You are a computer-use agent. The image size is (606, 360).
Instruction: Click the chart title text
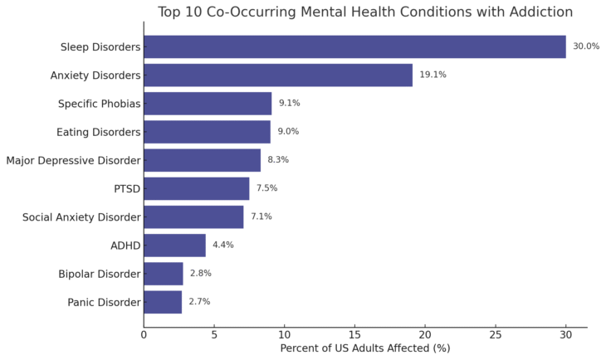point(364,12)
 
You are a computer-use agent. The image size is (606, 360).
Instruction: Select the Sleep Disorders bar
point(354,46)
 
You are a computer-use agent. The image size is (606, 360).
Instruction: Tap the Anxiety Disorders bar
point(278,75)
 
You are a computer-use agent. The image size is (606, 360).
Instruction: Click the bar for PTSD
point(196,188)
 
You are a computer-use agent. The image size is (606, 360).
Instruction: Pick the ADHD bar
point(174,245)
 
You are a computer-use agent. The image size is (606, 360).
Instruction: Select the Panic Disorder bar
point(163,302)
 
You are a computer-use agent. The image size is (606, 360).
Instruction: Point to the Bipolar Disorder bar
point(164,274)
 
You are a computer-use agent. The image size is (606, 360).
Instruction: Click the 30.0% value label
point(586,46)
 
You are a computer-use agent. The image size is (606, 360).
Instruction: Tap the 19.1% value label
point(433,75)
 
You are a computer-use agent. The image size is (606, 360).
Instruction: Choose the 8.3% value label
point(278,160)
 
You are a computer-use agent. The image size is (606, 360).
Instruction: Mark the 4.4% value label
point(223,246)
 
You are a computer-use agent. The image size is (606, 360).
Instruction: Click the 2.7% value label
point(199,302)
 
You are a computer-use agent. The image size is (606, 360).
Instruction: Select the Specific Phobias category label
point(99,104)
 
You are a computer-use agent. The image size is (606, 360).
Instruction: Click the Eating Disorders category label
point(98,132)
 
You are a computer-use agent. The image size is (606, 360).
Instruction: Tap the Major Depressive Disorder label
point(73,160)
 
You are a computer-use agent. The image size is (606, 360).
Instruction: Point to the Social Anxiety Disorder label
point(81,216)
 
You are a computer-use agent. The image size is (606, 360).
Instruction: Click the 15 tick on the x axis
point(354,335)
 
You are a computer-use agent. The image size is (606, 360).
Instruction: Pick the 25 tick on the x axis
point(496,335)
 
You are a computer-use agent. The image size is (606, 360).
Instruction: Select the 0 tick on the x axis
point(144,335)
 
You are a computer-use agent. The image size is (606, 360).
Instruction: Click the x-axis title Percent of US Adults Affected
point(364,348)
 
